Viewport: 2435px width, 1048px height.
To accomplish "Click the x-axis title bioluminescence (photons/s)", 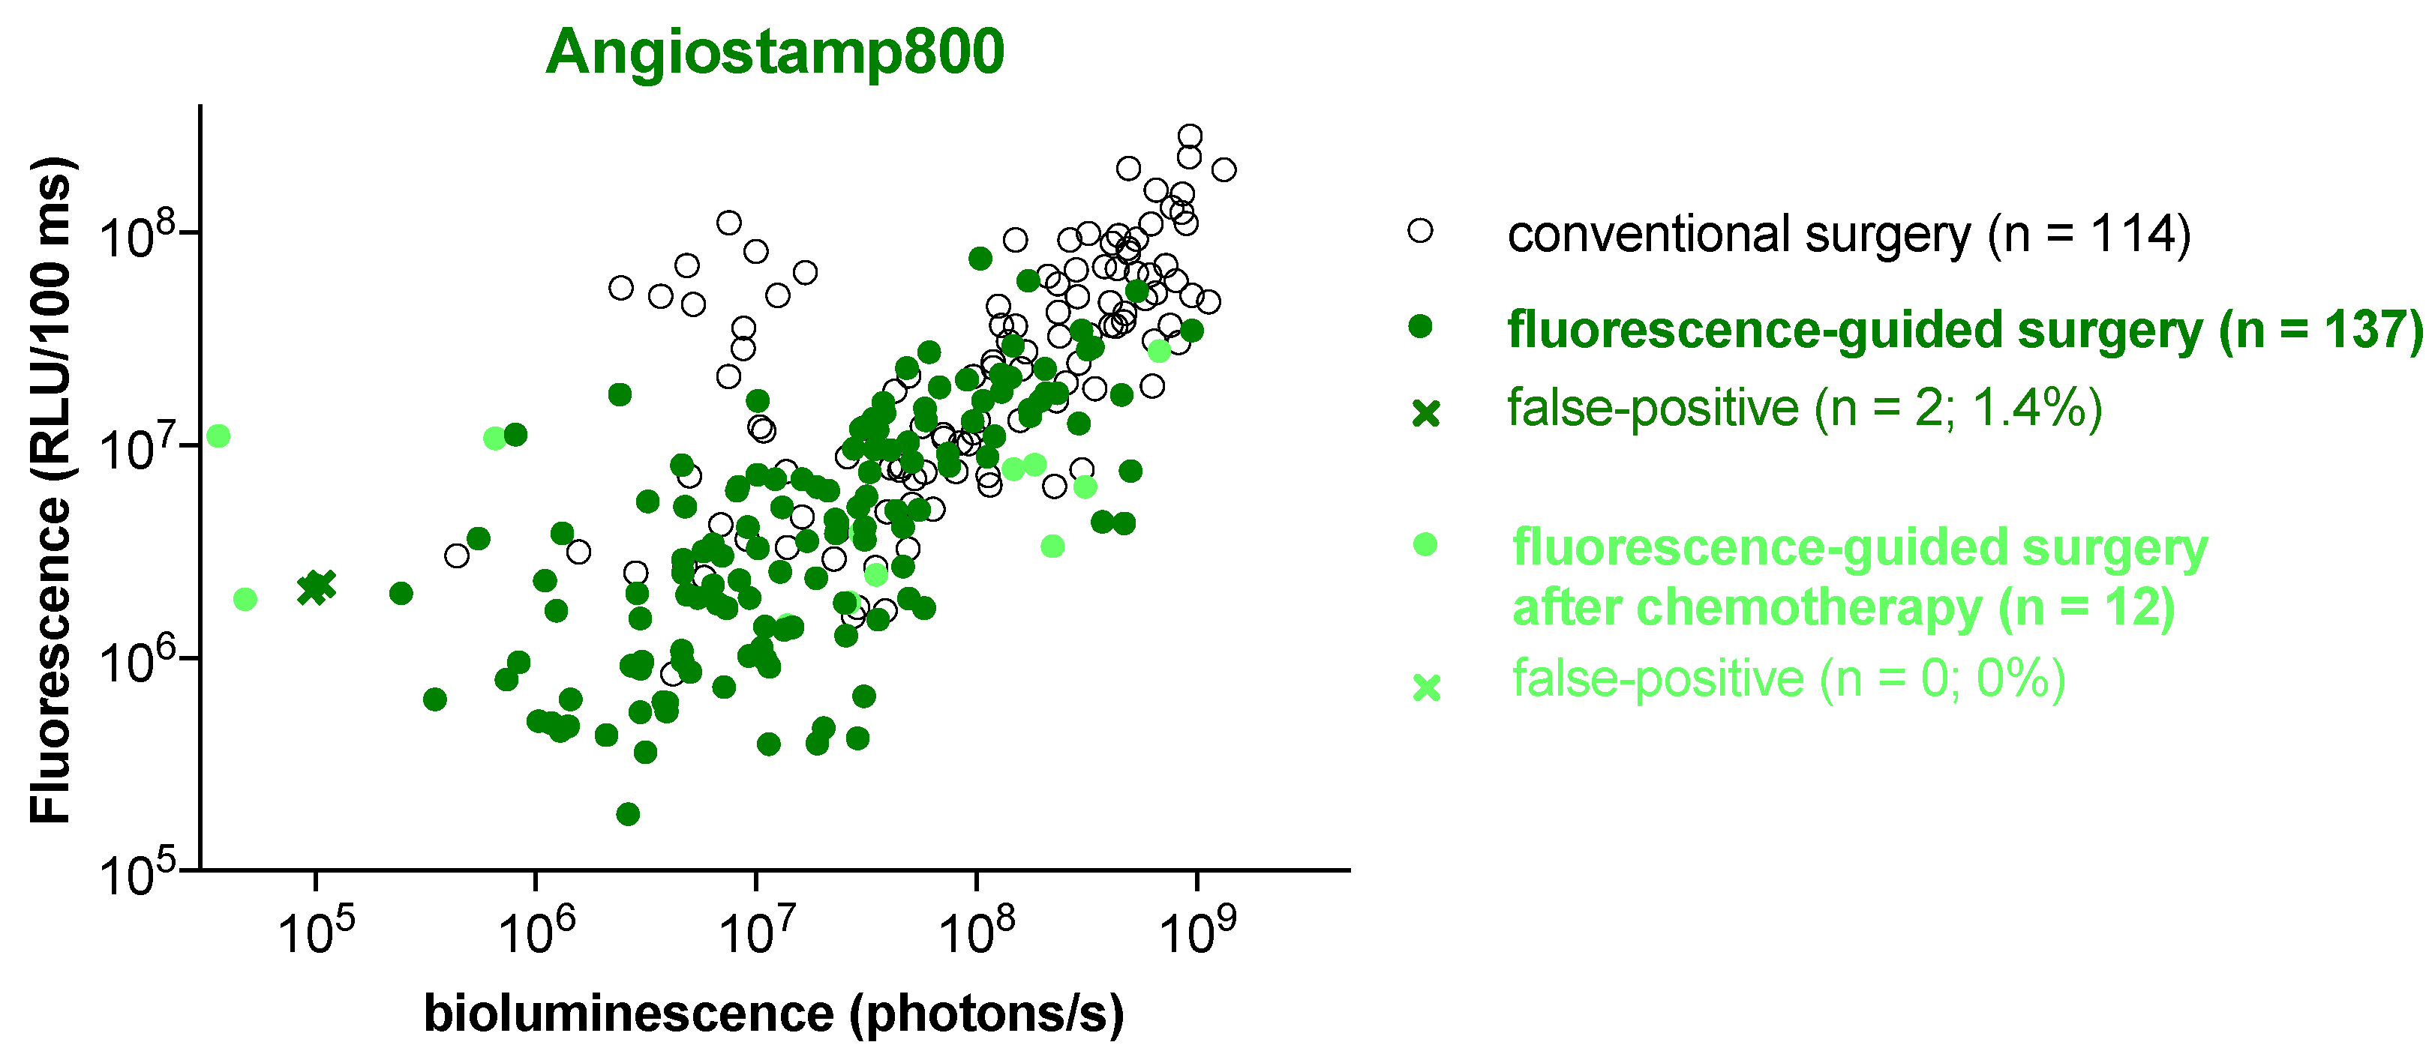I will tap(774, 1014).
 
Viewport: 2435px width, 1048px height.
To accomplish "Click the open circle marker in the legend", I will tap(1420, 232).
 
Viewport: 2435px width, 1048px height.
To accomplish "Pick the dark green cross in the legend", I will tap(1425, 413).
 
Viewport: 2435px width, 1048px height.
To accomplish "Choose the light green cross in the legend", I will tap(1425, 687).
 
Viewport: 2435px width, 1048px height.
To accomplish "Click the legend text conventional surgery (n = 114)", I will tap(1848, 235).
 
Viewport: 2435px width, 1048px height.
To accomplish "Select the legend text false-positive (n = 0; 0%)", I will tap(1788, 678).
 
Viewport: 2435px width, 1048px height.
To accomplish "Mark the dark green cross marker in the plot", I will tap(317, 587).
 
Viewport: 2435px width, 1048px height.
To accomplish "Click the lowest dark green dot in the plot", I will tap(628, 813).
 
